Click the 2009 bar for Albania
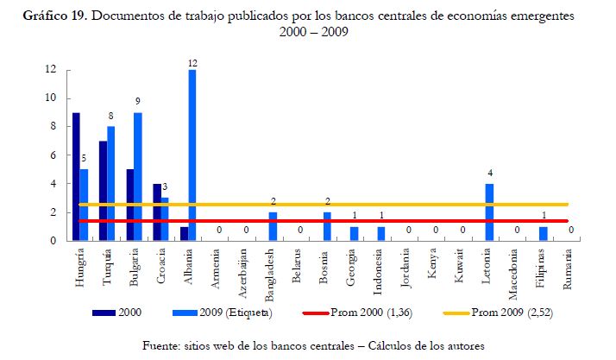click(192, 155)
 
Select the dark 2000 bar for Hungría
click(76, 177)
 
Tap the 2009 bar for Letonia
click(489, 212)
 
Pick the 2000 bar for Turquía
click(103, 191)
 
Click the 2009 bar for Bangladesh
click(273, 226)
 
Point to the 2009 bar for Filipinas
click(543, 234)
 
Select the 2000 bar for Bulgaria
click(129, 205)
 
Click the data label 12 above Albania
click(192, 62)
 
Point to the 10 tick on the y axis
click(52, 98)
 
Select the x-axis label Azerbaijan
click(246, 270)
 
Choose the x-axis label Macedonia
click(516, 269)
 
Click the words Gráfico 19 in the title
click(60, 16)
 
